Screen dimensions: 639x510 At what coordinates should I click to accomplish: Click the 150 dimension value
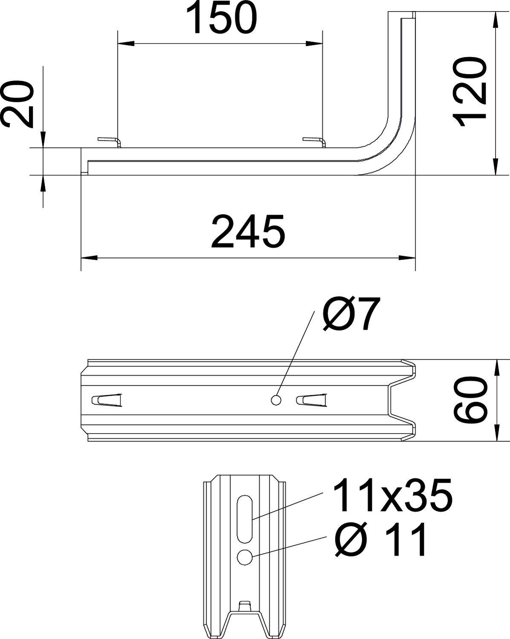click(222, 19)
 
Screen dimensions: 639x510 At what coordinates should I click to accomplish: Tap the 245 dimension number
click(247, 232)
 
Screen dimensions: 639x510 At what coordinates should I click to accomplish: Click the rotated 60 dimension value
click(470, 400)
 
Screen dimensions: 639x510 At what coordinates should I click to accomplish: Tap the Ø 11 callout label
click(381, 540)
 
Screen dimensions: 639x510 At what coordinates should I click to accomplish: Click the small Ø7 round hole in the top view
click(276, 400)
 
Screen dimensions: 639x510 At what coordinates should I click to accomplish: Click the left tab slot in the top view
click(107, 400)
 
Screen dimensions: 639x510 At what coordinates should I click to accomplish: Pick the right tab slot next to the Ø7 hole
click(312, 400)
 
